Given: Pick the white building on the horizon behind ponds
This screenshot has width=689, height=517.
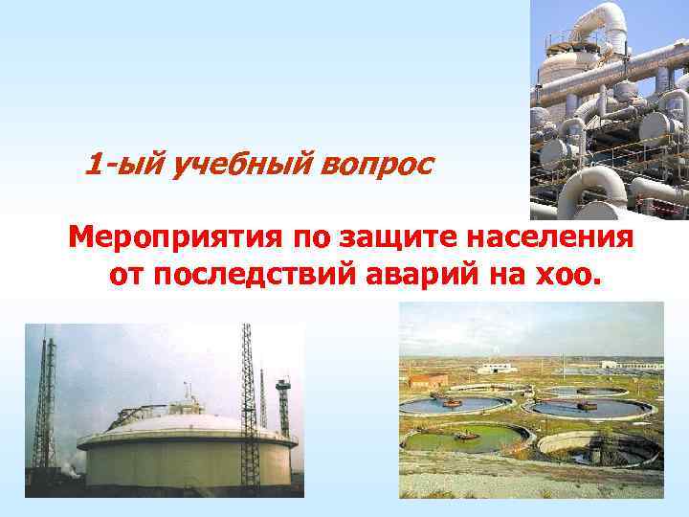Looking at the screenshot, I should pyautogui.click(x=497, y=368).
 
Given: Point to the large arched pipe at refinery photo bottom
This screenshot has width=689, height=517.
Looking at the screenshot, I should pyautogui.click(x=584, y=191).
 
